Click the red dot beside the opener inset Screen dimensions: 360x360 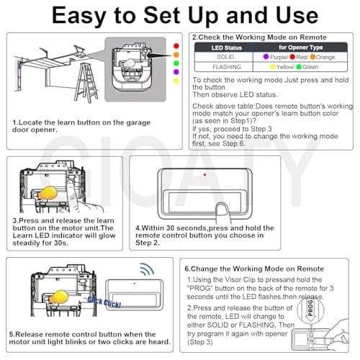coord(176,46)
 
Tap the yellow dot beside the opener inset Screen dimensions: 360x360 coord(176,81)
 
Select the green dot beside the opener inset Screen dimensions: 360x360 coord(176,63)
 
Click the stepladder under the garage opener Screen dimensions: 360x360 coord(86,83)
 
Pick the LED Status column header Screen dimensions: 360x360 coord(226,48)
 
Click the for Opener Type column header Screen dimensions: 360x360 coord(300,48)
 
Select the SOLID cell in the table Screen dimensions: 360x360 coord(225,57)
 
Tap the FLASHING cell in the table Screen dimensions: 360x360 coord(227,67)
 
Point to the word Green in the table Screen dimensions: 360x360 coord(310,67)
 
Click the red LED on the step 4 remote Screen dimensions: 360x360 coord(204,175)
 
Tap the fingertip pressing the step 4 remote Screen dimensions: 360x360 coord(222,208)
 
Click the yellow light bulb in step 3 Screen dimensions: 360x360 coord(48,193)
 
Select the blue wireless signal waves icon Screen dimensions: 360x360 coord(147,269)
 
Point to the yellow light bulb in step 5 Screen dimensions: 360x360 coord(58,297)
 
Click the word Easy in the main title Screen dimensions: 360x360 coord(79,16)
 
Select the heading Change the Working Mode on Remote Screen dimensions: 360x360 coord(254,269)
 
